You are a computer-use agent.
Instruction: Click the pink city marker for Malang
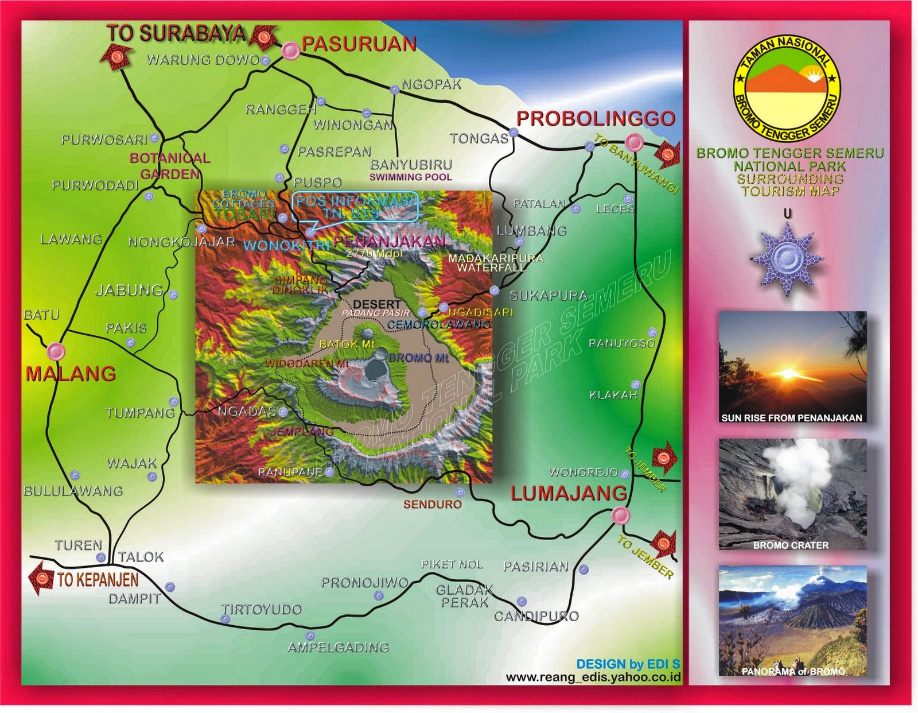pyautogui.click(x=56, y=351)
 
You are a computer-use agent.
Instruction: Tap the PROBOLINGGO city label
pyautogui.click(x=596, y=118)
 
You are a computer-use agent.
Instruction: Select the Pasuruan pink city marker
pyautogui.click(x=291, y=51)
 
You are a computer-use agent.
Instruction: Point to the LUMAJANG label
pyautogui.click(x=569, y=493)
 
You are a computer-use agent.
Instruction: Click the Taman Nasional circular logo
pyautogui.click(x=787, y=89)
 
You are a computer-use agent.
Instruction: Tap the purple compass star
pyautogui.click(x=787, y=259)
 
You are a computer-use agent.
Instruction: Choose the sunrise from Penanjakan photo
pyautogui.click(x=792, y=367)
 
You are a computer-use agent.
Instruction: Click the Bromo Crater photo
pyautogui.click(x=792, y=494)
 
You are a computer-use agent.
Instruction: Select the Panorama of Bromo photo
pyautogui.click(x=792, y=621)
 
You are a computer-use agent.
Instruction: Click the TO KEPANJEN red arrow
pyautogui.click(x=42, y=578)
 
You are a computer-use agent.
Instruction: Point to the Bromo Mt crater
pyautogui.click(x=376, y=369)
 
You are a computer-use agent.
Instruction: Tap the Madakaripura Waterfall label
pyautogui.click(x=495, y=262)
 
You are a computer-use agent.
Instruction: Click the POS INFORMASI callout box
pyautogui.click(x=355, y=207)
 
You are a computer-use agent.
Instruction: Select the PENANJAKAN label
pyautogui.click(x=389, y=241)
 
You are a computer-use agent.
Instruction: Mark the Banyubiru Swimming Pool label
pyautogui.click(x=411, y=170)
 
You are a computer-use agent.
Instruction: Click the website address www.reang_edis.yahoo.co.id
pyautogui.click(x=593, y=677)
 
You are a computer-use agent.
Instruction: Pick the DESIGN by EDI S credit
pyautogui.click(x=628, y=664)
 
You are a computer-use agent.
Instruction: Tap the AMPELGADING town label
pyautogui.click(x=338, y=647)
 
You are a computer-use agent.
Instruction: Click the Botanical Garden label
pyautogui.click(x=170, y=166)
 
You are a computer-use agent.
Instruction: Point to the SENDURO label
pyautogui.click(x=432, y=504)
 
